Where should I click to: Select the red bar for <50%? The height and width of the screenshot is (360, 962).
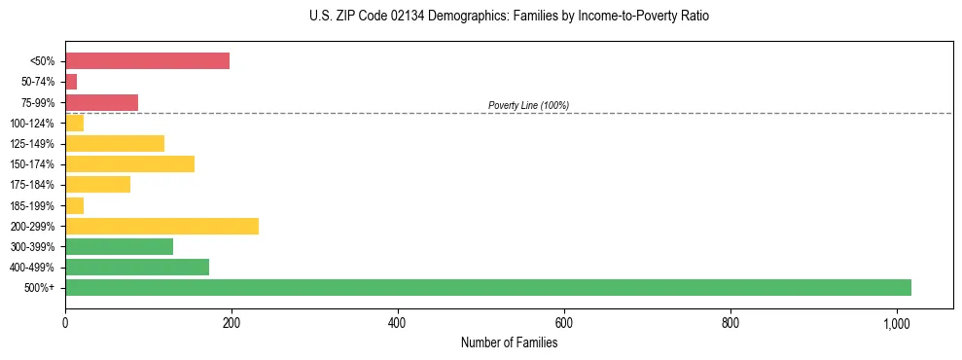[x=147, y=61]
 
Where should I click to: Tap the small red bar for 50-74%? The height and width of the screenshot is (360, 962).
[x=71, y=82]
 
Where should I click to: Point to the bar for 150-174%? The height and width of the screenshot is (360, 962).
[x=129, y=163]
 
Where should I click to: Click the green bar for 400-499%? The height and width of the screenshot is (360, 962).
[x=137, y=267]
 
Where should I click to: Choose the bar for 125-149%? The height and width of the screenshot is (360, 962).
[x=115, y=143]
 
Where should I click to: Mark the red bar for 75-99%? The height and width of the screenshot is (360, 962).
[x=101, y=102]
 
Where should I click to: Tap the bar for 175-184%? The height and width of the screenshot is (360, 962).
[x=97, y=184]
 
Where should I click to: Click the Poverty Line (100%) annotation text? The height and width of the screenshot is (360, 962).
[x=528, y=105]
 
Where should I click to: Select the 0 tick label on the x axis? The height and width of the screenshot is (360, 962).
[x=65, y=323]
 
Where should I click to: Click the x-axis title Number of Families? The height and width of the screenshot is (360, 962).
[x=509, y=342]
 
